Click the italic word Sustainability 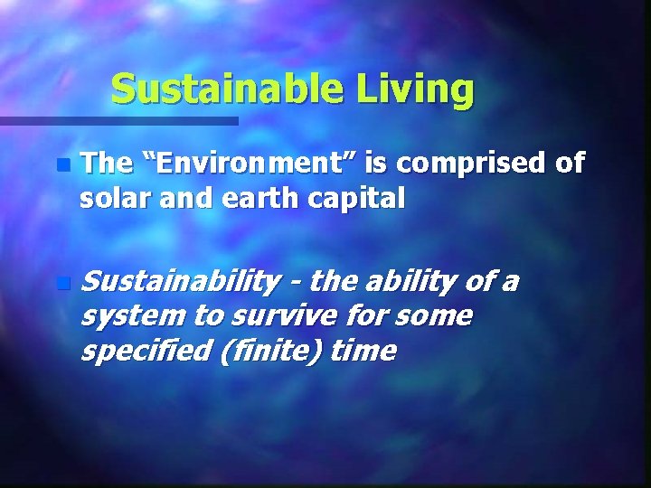(x=179, y=283)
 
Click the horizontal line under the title (x=118, y=120)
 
